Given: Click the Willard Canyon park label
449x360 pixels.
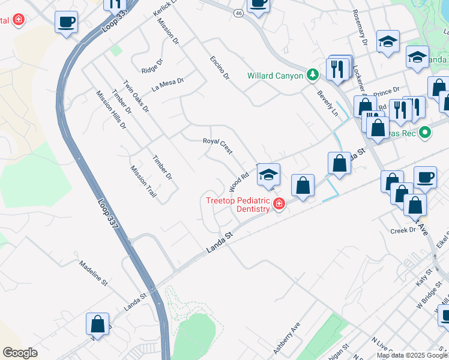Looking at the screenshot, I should pos(275,76).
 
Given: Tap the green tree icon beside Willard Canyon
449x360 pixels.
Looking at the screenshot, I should pos(312,75).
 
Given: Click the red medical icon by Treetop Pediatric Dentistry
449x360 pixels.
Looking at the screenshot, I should pos(279,205).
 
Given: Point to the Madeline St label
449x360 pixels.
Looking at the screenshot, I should pos(93,272).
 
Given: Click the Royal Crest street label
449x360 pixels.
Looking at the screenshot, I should pos(217,146).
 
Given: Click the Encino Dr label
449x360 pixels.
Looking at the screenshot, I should pos(220,68).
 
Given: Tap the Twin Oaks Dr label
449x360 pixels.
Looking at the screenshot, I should pos(136,96).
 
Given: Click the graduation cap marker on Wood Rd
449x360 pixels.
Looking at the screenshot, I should pos(269,174).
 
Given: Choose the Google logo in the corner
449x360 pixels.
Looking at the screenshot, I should pos(20,353).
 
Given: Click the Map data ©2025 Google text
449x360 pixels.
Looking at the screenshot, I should pos(412,355).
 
